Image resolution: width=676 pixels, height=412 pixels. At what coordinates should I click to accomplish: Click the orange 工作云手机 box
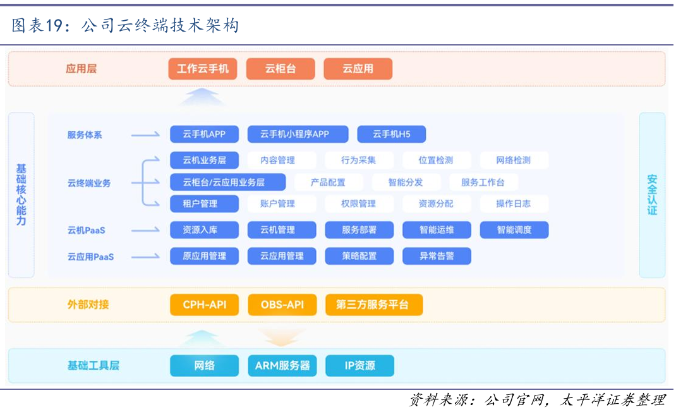pyautogui.click(x=203, y=69)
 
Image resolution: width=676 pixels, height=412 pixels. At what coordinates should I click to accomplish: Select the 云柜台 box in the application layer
pyautogui.click(x=281, y=69)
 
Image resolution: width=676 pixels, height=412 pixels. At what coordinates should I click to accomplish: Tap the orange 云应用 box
pyautogui.click(x=358, y=69)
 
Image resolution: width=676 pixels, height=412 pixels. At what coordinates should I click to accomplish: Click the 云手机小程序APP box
pyautogui.click(x=298, y=134)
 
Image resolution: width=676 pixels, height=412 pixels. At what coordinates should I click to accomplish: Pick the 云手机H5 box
pyautogui.click(x=392, y=134)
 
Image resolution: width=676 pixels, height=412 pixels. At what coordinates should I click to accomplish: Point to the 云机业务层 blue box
pyautogui.click(x=204, y=160)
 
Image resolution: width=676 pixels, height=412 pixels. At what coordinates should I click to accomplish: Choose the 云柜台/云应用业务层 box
pyautogui.click(x=227, y=182)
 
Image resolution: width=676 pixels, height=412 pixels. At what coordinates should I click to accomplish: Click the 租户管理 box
pyautogui.click(x=204, y=203)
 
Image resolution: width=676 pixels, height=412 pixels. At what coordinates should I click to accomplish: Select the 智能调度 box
pyautogui.click(x=514, y=230)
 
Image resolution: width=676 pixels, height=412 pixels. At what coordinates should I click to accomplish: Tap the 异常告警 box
pyautogui.click(x=437, y=256)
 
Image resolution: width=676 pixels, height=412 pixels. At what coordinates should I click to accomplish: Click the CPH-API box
pyautogui.click(x=204, y=305)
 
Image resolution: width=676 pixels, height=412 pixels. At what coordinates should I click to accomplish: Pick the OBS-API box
pyautogui.click(x=282, y=305)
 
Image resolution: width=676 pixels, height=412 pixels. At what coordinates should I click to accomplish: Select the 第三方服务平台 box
pyautogui.click(x=374, y=305)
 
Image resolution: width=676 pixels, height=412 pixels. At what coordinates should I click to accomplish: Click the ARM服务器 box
pyautogui.click(x=282, y=366)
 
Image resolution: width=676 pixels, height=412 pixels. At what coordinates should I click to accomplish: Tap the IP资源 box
pyautogui.click(x=359, y=366)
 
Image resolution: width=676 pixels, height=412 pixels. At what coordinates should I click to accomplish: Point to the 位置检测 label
pyautogui.click(x=436, y=160)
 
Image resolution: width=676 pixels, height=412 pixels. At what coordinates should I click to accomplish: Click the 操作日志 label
pyautogui.click(x=514, y=203)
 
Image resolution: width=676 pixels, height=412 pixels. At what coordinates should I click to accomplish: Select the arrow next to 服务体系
pyautogui.click(x=145, y=135)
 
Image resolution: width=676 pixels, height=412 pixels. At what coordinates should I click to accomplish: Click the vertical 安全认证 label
pyautogui.click(x=652, y=195)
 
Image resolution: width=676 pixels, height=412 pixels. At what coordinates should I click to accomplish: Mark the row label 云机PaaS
pyautogui.click(x=86, y=231)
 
